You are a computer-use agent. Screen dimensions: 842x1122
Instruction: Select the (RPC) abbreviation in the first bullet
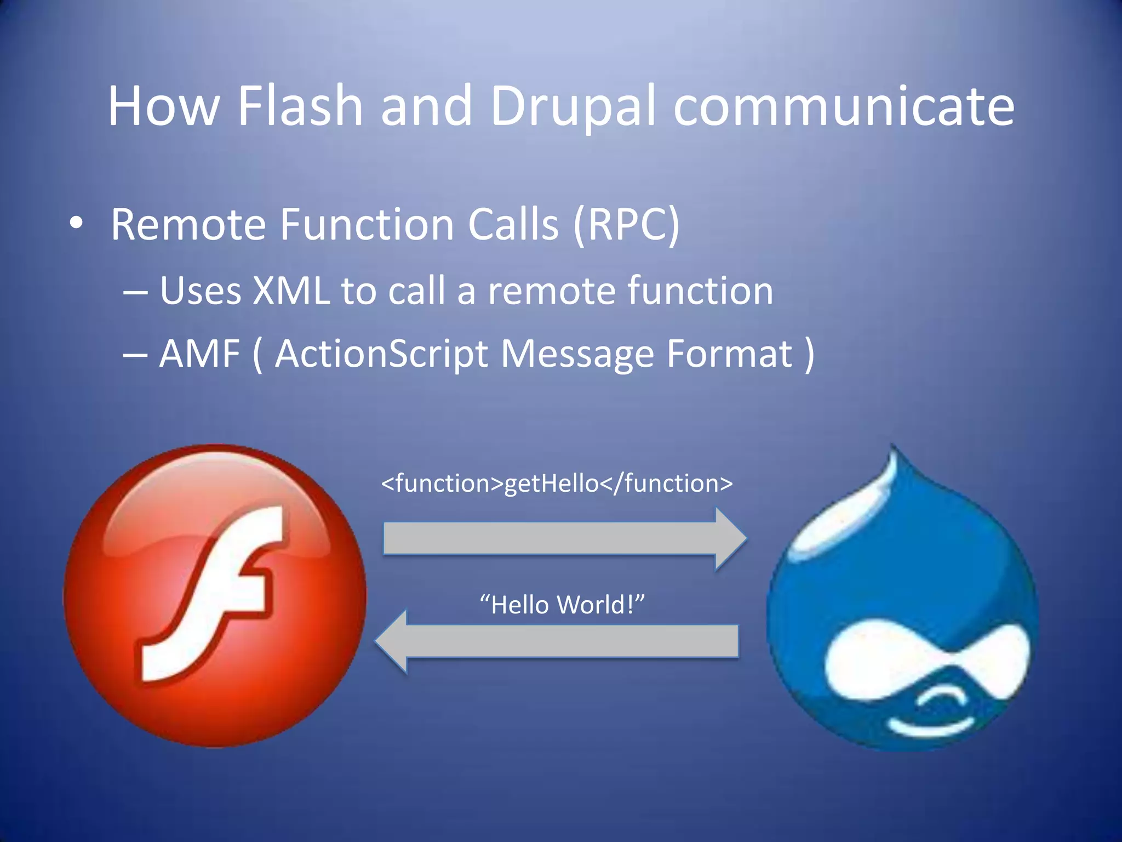pos(626,225)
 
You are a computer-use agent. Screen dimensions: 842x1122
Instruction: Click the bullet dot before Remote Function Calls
pos(76,223)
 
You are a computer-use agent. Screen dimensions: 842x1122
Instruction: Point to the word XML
pos(291,291)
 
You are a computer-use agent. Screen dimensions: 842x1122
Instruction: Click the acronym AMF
pos(199,354)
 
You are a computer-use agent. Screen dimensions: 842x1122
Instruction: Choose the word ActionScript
pos(381,354)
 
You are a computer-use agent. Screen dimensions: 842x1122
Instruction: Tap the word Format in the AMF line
pos(729,354)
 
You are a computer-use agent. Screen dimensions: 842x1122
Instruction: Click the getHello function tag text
pos(557,483)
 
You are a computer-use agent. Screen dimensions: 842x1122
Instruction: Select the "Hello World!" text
pos(562,605)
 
